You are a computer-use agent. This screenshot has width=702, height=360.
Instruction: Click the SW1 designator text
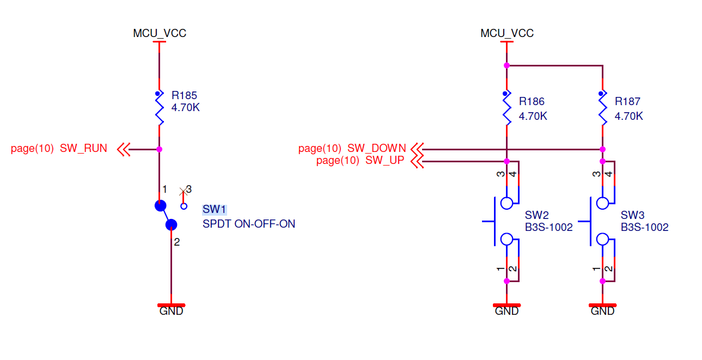(214, 210)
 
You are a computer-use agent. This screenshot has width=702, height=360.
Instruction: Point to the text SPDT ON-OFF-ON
(249, 224)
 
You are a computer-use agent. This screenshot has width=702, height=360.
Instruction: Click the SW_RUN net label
(83, 148)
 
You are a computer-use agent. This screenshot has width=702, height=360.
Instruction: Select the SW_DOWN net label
(376, 148)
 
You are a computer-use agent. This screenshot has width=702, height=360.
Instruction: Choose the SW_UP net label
(384, 160)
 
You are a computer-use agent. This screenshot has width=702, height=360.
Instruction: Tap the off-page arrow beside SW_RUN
(124, 149)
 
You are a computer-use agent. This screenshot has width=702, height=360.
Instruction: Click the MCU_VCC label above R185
(160, 33)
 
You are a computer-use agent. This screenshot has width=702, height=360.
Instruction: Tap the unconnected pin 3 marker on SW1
(184, 192)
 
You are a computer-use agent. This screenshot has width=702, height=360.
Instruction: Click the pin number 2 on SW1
(176, 242)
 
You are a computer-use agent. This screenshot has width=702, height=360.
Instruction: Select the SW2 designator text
(536, 215)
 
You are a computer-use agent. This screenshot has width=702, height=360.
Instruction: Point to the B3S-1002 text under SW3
(645, 227)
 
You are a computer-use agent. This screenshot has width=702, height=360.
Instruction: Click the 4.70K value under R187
(628, 116)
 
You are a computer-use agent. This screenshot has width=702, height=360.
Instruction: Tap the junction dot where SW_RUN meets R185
(160, 149)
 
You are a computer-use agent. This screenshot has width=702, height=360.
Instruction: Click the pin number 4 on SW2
(512, 174)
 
